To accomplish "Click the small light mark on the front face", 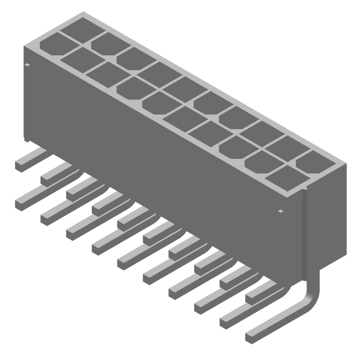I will pyautogui.click(x=281, y=211).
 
